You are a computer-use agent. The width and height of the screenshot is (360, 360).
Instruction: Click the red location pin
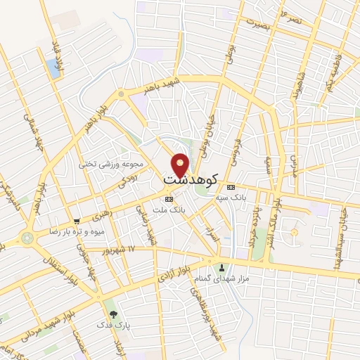(x=181, y=165)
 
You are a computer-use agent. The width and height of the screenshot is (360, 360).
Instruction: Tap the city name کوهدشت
(x=190, y=180)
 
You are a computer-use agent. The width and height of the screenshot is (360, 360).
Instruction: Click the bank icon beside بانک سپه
(x=231, y=186)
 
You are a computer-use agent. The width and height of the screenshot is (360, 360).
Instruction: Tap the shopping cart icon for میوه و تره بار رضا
(x=77, y=221)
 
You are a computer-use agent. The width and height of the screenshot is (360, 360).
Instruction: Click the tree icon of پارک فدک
(x=112, y=314)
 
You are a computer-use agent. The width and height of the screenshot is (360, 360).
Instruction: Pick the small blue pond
(x=52, y=68)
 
